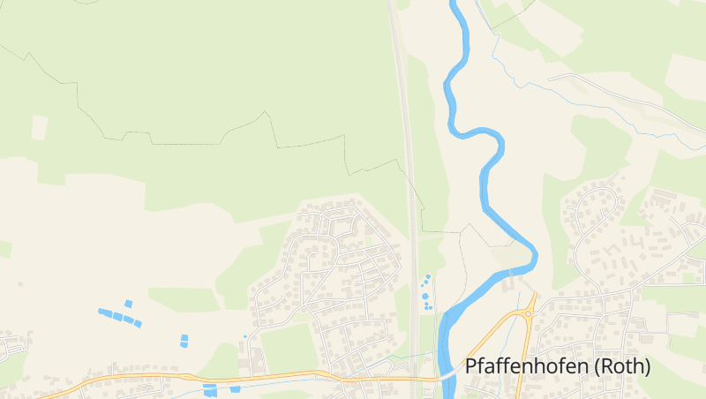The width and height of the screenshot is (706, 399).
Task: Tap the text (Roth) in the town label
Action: pos(623,365)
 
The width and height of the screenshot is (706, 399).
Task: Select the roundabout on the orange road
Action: pos(530,312)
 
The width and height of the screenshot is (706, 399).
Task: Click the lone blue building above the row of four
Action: pos(128,304)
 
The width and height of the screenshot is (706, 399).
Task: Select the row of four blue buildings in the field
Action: pos(119,317)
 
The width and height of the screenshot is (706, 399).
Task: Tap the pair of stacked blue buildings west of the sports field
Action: pos(184,341)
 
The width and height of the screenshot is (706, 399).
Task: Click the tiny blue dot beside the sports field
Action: pos(244,336)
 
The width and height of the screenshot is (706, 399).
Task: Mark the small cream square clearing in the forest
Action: pos(40,127)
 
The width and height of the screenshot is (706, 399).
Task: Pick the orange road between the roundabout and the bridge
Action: pos(494,340)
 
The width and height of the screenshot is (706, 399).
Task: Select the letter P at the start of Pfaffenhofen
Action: pos(471,365)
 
